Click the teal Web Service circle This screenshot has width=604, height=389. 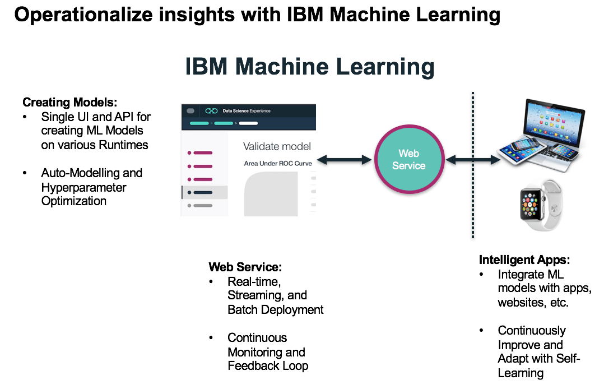click(x=408, y=160)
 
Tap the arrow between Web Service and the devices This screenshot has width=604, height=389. click(x=473, y=160)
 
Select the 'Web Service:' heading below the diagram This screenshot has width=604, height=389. click(x=245, y=267)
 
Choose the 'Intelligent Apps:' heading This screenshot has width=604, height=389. click(x=524, y=260)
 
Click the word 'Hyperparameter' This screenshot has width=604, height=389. click(x=83, y=187)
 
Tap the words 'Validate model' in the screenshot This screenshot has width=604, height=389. click(x=277, y=146)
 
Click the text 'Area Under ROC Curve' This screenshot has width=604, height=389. click(x=277, y=163)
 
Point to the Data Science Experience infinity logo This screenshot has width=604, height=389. click(x=211, y=111)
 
